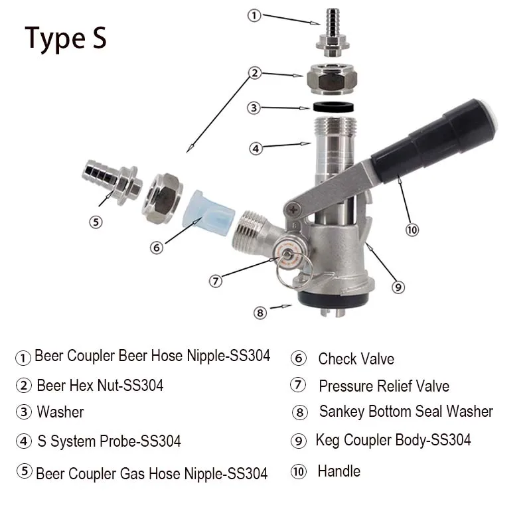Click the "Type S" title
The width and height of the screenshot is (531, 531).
[x=66, y=38]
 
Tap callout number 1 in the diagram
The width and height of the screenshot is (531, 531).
[x=254, y=15]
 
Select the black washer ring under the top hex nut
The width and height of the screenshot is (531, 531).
[x=331, y=108]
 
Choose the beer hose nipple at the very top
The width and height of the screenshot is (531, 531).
[x=330, y=33]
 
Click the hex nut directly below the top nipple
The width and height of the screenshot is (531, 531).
[x=330, y=78]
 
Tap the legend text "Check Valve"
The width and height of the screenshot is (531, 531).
[x=356, y=359]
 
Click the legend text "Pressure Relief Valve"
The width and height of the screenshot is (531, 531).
[x=384, y=386]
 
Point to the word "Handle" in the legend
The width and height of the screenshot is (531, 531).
[x=339, y=471]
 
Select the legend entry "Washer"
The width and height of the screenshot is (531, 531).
[x=60, y=412]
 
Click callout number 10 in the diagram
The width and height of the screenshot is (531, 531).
[x=412, y=230]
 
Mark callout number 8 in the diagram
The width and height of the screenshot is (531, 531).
[x=260, y=311]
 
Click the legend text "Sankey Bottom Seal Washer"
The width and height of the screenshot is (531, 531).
[x=406, y=412]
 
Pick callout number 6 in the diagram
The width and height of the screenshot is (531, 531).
[x=157, y=248]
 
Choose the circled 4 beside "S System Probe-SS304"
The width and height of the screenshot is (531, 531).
[x=24, y=441]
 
